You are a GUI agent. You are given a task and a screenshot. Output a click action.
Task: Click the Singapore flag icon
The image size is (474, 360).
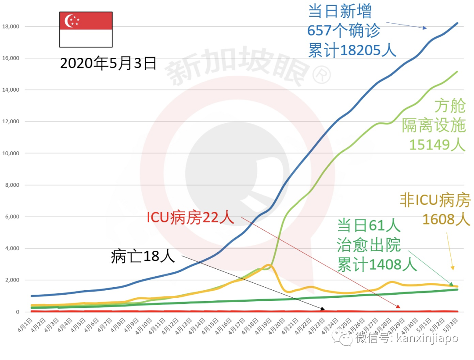(86, 29)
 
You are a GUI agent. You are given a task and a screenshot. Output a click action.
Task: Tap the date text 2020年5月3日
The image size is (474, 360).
(108, 64)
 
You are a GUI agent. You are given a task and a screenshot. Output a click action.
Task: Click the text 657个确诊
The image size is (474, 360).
(343, 31)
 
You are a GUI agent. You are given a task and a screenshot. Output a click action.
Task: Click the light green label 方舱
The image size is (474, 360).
(449, 106)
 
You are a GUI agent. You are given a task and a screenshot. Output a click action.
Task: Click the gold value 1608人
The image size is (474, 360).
(445, 219)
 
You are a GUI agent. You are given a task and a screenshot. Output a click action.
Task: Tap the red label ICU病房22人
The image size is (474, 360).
(190, 217)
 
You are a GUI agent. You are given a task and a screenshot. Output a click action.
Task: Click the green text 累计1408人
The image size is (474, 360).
(376, 264)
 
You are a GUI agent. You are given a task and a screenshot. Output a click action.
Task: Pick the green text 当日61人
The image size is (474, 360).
(369, 226)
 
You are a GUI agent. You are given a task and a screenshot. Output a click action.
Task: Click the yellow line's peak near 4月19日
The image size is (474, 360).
(269, 265)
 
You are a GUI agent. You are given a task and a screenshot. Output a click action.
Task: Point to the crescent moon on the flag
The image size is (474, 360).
(69, 21)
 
